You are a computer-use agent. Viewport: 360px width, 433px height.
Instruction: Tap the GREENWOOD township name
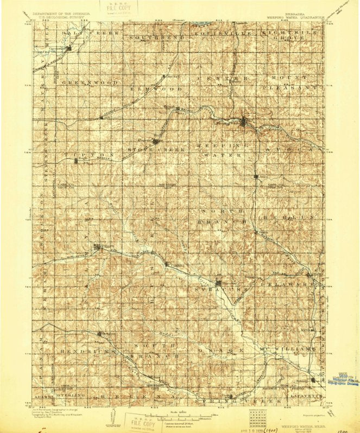click(90, 82)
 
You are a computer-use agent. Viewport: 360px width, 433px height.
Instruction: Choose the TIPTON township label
click(90, 155)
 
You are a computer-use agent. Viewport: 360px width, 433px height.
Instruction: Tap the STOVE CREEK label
click(156, 149)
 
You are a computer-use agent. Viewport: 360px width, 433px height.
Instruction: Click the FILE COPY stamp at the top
click(119, 8)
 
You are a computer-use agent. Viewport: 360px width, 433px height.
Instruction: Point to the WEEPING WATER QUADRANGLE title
click(295, 17)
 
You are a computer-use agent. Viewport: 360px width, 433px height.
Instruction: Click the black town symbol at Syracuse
click(218, 283)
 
